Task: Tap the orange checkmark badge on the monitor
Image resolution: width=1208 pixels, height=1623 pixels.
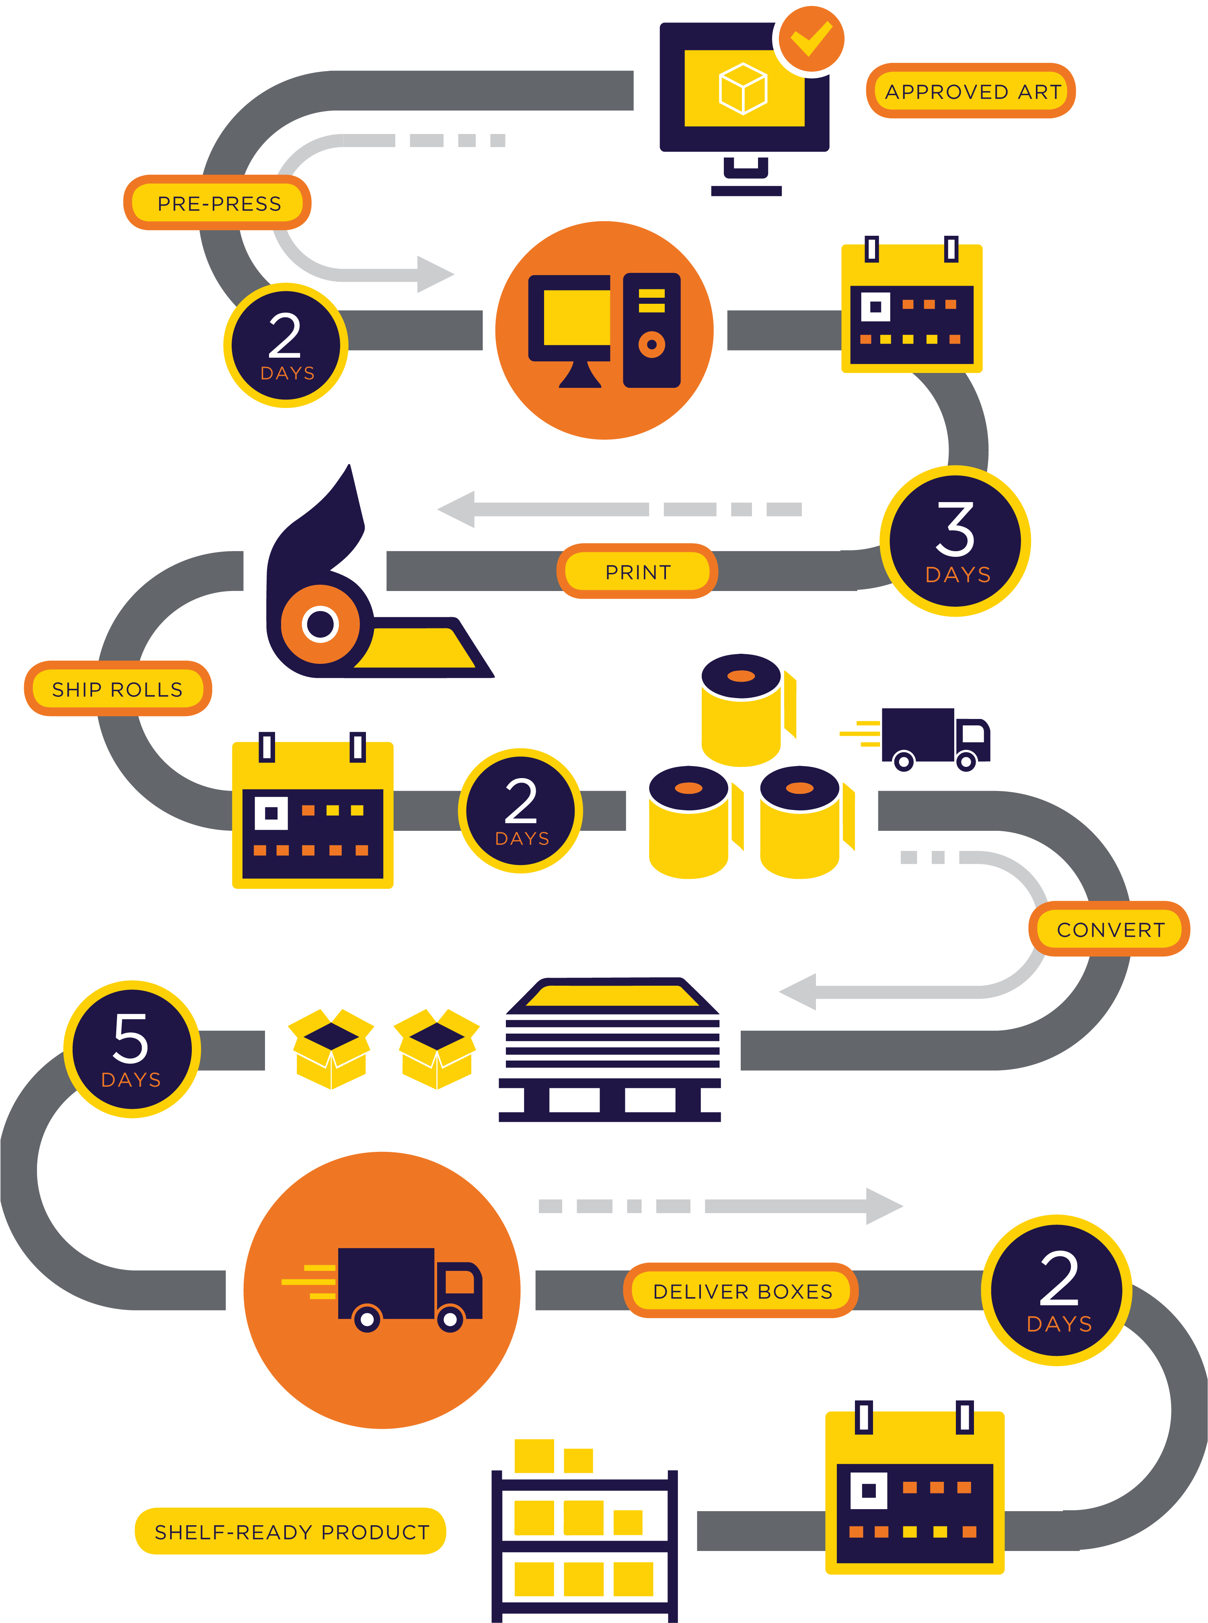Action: click(x=811, y=39)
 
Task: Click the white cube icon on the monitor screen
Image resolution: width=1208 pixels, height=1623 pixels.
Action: click(x=743, y=89)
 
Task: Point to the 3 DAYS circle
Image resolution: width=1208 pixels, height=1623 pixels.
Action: click(x=955, y=541)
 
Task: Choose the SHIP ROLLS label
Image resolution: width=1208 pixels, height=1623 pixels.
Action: click(x=118, y=688)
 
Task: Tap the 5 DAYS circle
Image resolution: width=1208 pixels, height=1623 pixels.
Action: click(x=131, y=1049)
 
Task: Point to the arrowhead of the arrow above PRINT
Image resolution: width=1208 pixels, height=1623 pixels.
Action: click(x=457, y=509)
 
